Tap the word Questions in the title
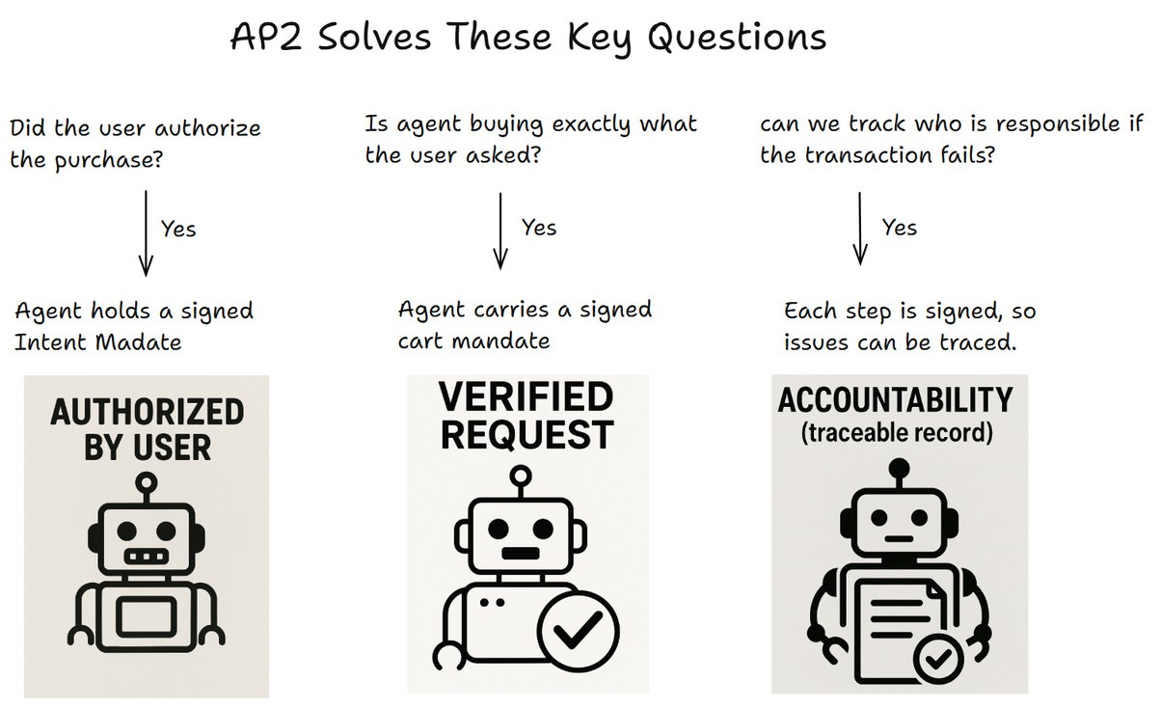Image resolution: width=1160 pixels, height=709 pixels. [737, 39]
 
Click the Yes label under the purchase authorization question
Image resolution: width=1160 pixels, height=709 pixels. [178, 230]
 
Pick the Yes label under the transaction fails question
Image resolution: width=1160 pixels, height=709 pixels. [900, 228]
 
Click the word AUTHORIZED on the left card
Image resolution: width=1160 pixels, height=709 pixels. [147, 413]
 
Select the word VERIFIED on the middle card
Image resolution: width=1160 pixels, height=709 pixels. [526, 396]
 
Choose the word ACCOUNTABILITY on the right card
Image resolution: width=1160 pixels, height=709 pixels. [896, 399]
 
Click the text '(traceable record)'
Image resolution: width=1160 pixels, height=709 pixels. [896, 432]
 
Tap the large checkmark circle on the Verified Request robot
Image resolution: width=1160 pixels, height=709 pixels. [578, 632]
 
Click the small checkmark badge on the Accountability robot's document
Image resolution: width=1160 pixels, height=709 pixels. [933, 660]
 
